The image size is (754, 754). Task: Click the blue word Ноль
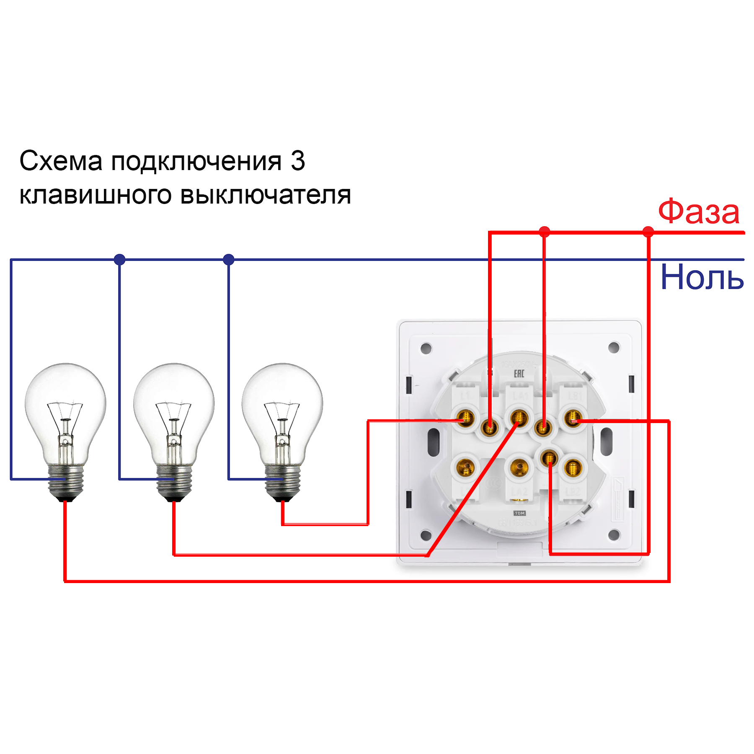coord(702,277)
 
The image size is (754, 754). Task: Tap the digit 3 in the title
coord(298,161)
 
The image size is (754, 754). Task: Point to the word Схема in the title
coord(61,161)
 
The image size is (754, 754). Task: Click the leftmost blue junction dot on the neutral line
coord(119,259)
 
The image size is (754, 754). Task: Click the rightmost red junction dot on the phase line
coord(648,232)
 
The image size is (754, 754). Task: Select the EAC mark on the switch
coord(519,373)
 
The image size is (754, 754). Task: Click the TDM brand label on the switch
coord(519,513)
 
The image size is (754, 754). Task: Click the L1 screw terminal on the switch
coord(465,418)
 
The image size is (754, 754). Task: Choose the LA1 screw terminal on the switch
coord(519,418)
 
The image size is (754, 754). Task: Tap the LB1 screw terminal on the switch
coord(573,418)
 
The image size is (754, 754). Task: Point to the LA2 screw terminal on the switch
coord(519,467)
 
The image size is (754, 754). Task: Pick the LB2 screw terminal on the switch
coord(573,467)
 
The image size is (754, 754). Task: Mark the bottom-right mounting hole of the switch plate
coord(614,535)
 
